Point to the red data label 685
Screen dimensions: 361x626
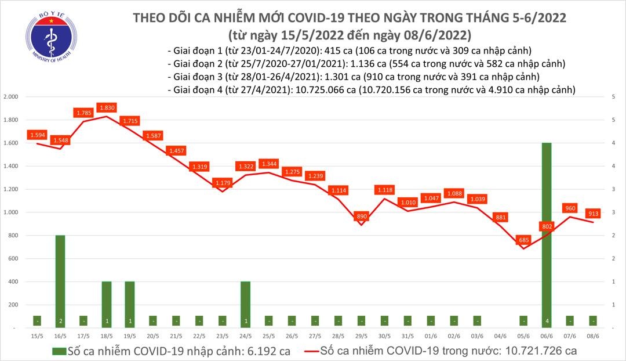(524, 240)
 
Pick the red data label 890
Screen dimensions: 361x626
(362, 216)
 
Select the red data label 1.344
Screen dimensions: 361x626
(269, 164)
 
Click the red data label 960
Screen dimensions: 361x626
(570, 208)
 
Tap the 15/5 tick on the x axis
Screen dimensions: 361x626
(37, 336)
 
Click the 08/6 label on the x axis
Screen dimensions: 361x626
(593, 336)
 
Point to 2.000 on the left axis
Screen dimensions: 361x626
(11, 97)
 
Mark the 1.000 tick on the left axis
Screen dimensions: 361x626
(11, 212)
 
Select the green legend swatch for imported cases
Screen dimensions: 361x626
(58, 351)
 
